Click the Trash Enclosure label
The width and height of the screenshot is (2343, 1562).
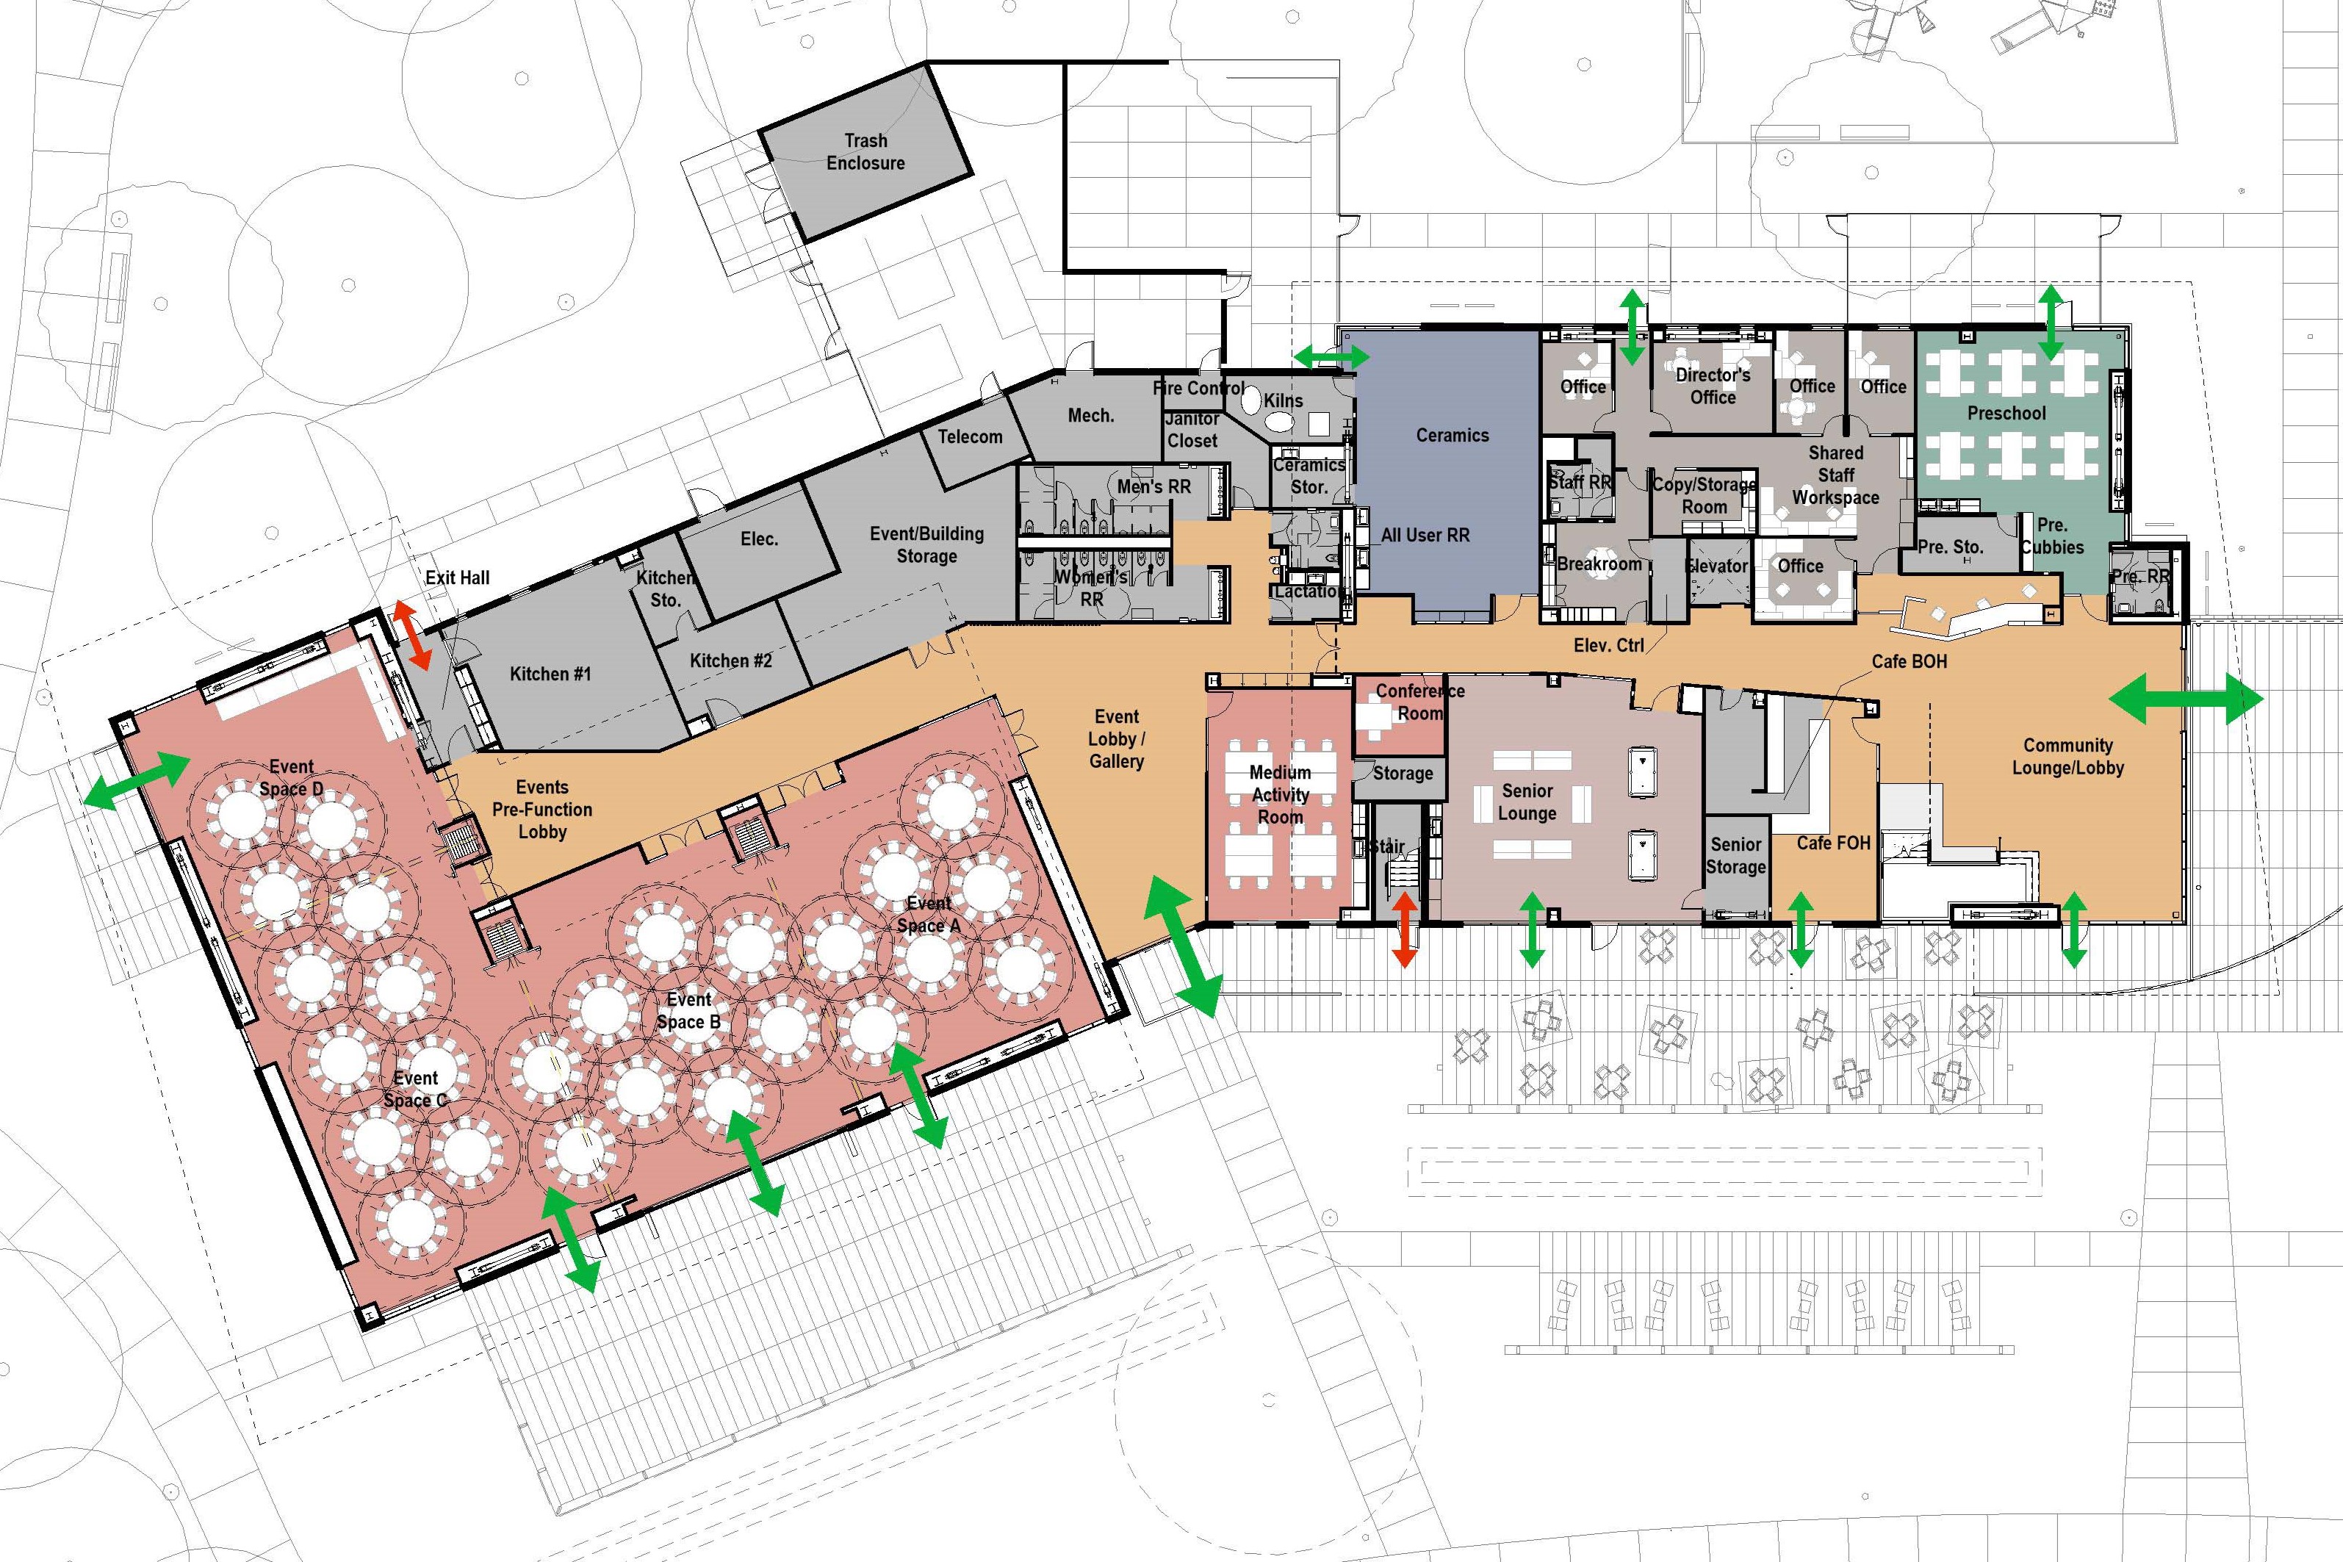[x=865, y=151]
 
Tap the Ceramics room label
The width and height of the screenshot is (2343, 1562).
[x=1453, y=436]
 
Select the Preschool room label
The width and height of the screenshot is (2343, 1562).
[x=2007, y=414]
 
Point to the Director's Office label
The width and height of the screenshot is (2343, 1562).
[x=1713, y=386]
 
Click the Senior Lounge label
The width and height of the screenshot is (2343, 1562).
[x=1527, y=802]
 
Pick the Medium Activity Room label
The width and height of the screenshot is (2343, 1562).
[x=1280, y=795]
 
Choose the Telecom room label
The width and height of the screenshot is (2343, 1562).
[x=969, y=436]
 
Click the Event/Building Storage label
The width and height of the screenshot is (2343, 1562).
[x=926, y=545]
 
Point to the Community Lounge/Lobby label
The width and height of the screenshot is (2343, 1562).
[x=2068, y=756]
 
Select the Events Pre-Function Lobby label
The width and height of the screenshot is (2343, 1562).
[x=542, y=809]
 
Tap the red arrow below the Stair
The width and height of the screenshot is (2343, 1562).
[x=1405, y=929]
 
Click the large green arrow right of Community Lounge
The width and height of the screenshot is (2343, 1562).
[x=2186, y=698]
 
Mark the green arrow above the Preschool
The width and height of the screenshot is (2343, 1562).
[x=2050, y=322]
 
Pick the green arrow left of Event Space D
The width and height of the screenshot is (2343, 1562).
[x=137, y=780]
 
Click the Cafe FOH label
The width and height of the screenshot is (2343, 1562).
[x=1833, y=843]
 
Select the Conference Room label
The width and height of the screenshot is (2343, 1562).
[x=1420, y=702]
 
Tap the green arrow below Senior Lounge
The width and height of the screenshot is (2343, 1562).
[x=1532, y=930]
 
